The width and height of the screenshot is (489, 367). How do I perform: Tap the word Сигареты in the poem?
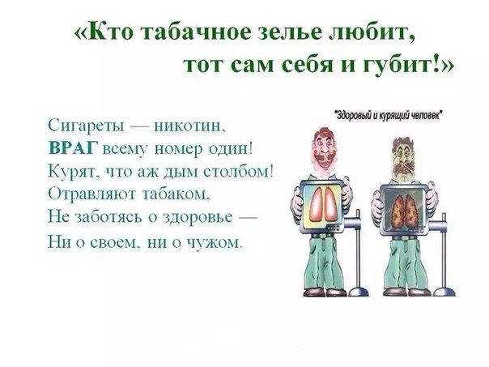(x=87, y=126)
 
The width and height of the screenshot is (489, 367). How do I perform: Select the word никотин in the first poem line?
(x=189, y=126)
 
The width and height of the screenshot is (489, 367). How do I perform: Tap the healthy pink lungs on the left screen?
(x=322, y=205)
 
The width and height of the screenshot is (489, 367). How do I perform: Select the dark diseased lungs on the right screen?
(x=403, y=209)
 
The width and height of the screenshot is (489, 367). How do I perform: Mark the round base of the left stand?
(x=359, y=292)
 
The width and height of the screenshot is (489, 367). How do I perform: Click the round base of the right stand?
(x=444, y=292)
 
